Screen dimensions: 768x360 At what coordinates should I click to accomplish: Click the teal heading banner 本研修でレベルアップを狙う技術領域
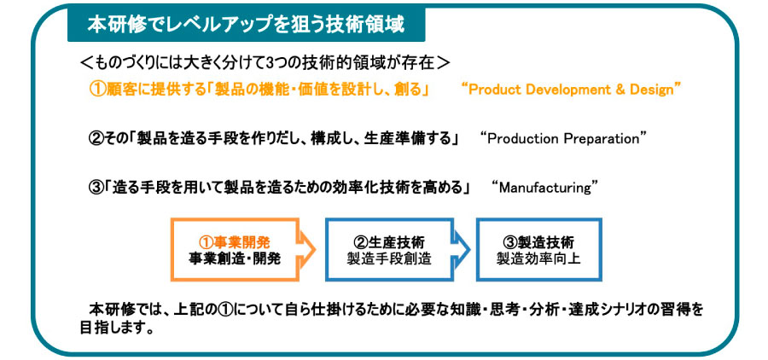point(246,25)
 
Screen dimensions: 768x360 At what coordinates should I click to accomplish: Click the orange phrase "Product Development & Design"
point(572,90)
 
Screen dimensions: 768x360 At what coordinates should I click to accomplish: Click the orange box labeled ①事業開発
point(235,250)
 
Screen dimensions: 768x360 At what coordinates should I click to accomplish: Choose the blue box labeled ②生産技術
point(389,250)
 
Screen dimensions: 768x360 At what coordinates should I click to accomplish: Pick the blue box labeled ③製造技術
point(538,250)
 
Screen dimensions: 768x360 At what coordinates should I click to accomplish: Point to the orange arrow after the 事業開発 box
point(307,250)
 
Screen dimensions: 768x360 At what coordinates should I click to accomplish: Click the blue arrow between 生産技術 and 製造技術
point(462,250)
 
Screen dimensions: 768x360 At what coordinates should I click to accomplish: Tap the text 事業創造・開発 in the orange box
point(235,258)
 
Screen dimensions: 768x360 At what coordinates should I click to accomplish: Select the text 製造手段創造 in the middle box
point(389,258)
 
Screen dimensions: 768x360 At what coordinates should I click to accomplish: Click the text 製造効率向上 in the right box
point(538,258)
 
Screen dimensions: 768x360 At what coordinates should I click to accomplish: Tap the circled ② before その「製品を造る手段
point(96,138)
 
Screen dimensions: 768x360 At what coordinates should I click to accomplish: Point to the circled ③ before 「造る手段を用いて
point(96,188)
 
